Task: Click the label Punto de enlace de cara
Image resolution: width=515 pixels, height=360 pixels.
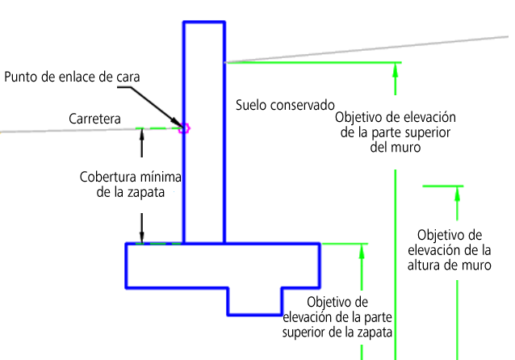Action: (72, 77)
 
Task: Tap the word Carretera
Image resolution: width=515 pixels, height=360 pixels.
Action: (94, 119)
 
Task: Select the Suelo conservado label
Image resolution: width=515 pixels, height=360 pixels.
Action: (285, 105)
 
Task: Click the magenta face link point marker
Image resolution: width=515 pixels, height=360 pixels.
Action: (184, 128)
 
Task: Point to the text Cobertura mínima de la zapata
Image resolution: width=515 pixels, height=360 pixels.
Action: (131, 184)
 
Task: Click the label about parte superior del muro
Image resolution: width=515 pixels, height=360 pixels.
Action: (396, 132)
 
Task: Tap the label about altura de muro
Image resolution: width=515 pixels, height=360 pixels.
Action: (450, 250)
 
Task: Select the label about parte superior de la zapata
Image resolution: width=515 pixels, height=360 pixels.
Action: (337, 317)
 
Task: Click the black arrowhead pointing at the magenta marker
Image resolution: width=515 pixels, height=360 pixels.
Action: (178, 123)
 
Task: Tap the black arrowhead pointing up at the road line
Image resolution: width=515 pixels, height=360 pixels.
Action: (142, 133)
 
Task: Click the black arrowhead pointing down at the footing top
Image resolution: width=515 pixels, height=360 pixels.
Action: (142, 237)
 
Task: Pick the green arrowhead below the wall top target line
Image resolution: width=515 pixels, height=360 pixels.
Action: (396, 70)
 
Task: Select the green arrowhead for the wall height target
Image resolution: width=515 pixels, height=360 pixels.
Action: (457, 194)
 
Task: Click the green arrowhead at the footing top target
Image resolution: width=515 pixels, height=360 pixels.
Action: (362, 251)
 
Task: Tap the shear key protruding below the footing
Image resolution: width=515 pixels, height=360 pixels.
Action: (255, 301)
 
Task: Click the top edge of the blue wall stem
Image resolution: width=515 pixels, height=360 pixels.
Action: (204, 23)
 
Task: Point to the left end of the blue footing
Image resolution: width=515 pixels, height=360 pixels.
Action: (127, 266)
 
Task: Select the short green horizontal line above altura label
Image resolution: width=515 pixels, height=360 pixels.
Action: (443, 186)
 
